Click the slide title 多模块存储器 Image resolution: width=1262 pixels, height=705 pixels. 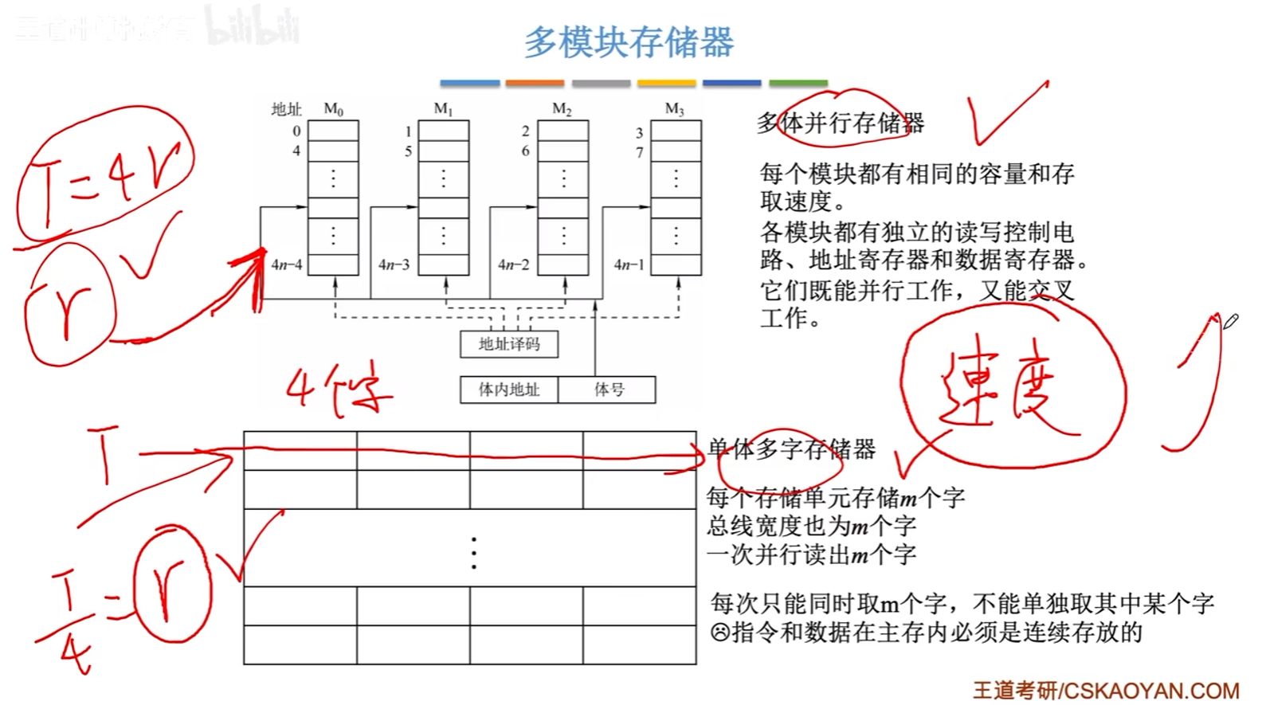tap(629, 42)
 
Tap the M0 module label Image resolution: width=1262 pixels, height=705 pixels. tap(333, 109)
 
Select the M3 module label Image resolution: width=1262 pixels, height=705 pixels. tap(674, 109)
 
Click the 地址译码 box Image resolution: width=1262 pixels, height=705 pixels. tap(509, 344)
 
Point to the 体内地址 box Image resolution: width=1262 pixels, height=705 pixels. tap(509, 390)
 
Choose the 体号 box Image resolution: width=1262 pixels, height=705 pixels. tap(608, 390)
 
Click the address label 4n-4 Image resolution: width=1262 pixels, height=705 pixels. tap(287, 264)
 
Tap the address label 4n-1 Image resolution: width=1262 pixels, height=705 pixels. tap(629, 264)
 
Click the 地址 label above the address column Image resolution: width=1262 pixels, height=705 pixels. tap(286, 109)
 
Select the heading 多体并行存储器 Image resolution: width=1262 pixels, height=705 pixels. tap(841, 123)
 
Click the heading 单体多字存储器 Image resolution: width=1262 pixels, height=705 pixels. tap(792, 449)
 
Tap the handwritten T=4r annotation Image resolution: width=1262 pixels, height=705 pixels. tap(104, 179)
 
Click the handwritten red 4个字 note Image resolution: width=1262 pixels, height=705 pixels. tap(339, 389)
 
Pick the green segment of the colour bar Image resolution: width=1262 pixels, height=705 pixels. tap(798, 83)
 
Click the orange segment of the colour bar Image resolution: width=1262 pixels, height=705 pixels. tap(535, 83)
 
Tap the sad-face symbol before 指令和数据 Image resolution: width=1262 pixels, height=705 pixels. tap(719, 633)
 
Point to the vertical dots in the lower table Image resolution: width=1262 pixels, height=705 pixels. tap(474, 553)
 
